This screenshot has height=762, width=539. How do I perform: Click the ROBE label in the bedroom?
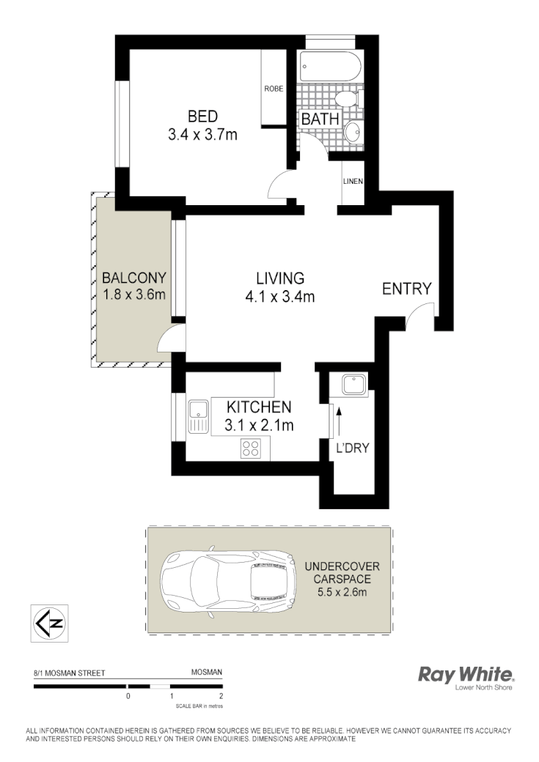274,89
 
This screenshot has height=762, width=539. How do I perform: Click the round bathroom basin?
352,132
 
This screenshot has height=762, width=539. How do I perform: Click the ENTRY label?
407,289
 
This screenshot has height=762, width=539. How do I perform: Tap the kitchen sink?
197,417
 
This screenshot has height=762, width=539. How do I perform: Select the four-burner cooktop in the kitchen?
251,448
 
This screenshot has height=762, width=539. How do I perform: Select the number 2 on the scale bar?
221,696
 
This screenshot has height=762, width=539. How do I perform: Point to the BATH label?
320,119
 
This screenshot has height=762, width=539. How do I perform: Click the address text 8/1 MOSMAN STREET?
70,672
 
